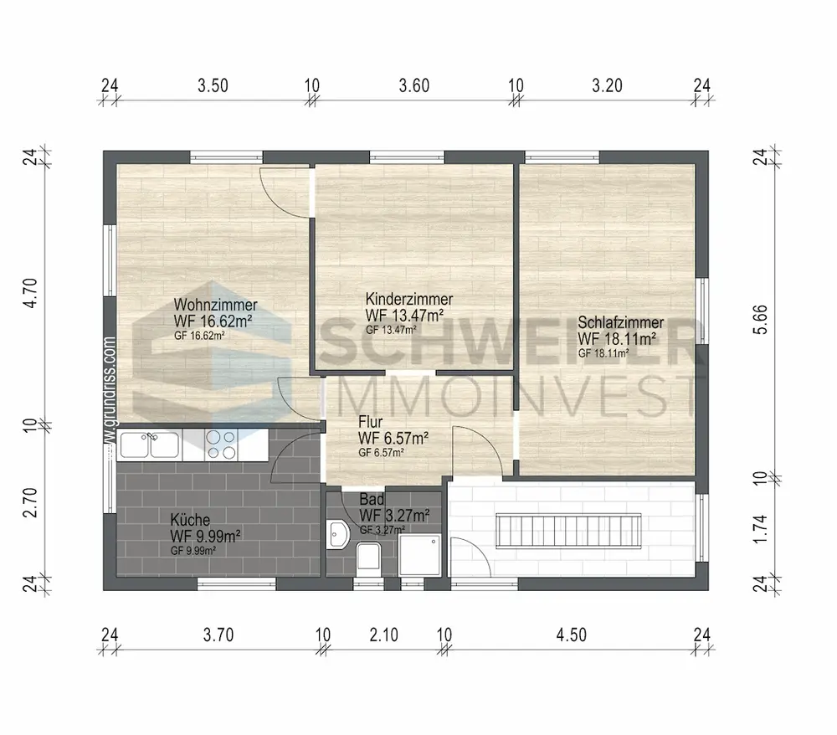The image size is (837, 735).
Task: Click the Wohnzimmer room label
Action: point(216,305)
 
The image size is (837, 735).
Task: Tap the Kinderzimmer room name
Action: point(409,299)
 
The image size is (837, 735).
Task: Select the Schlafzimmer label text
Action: point(621,322)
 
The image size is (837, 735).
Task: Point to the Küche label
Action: point(190,519)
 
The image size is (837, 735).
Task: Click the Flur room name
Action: point(371,422)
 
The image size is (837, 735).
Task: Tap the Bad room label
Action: point(372,500)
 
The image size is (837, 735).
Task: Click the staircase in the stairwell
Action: point(569,531)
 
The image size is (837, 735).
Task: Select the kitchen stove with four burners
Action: point(221,445)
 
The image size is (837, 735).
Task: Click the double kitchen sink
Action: point(150,445)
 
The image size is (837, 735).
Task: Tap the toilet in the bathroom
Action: point(368,558)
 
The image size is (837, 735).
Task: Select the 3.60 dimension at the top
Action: point(414,86)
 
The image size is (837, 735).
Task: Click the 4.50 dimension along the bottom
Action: point(572,635)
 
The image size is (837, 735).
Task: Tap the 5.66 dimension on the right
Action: point(759,319)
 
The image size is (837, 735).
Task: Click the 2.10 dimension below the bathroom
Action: point(384,635)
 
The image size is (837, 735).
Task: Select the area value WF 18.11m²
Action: point(617,339)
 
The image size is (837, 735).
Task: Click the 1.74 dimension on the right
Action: point(759,529)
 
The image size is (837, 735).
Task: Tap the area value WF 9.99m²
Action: point(205,536)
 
